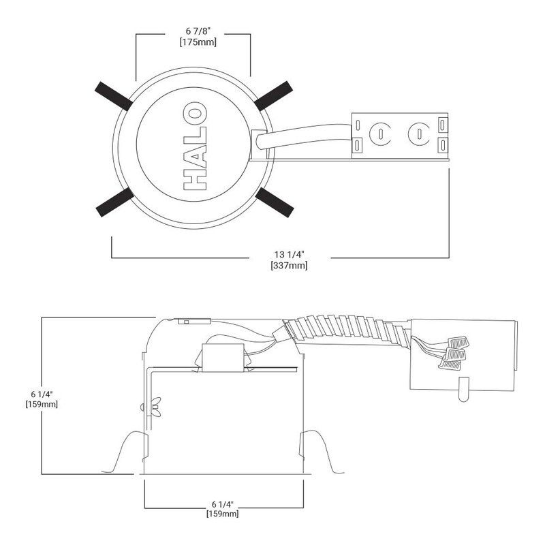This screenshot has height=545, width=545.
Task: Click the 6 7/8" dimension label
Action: tap(198, 31)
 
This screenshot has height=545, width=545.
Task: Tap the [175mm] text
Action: tap(198, 42)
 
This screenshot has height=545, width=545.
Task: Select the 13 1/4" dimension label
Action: tap(289, 254)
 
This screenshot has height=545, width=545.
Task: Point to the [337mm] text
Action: tap(289, 266)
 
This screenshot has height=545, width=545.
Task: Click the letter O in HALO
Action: tap(195, 113)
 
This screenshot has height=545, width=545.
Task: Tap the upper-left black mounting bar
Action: tap(114, 96)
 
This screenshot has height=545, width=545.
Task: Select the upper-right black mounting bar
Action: tap(273, 95)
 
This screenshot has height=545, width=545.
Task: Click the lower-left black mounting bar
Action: tap(114, 202)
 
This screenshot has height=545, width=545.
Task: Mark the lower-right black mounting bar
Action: tap(275, 202)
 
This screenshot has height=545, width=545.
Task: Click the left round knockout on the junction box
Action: tap(380, 134)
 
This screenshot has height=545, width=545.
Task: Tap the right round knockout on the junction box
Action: tap(419, 134)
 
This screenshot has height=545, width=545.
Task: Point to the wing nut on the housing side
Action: tap(155, 407)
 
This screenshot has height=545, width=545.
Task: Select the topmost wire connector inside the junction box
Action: tap(458, 343)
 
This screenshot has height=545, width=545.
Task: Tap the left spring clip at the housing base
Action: tap(125, 452)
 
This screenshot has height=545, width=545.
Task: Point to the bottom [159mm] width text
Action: tap(223, 514)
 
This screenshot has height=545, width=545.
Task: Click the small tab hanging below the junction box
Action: tap(464, 389)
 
